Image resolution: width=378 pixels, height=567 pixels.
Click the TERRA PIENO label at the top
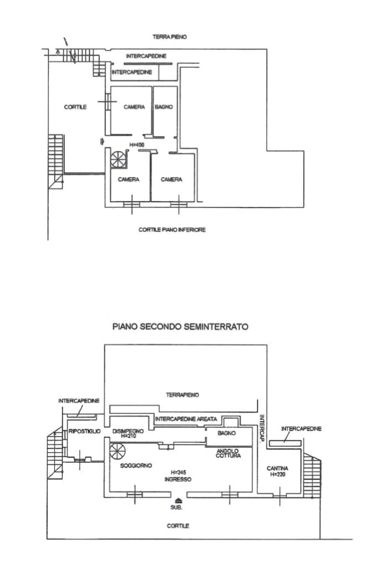coord(170,37)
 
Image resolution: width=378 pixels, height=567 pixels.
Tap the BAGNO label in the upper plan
coord(164,107)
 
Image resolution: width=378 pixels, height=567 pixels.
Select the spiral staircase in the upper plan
coord(118,159)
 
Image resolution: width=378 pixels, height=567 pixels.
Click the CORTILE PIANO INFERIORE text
coord(172,229)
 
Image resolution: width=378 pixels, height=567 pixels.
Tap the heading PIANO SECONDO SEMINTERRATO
coord(180,327)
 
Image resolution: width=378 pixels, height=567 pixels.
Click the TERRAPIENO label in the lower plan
coord(182,395)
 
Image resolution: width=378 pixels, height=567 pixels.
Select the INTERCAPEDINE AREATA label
coord(185,419)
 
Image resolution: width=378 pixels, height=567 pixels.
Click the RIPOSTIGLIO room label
coord(84,431)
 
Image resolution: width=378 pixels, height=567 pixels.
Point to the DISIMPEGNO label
coord(128,431)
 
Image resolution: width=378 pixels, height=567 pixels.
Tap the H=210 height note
coord(128,436)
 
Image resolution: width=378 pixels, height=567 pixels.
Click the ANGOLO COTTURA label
coord(227,453)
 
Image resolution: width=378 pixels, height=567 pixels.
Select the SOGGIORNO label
coord(136,466)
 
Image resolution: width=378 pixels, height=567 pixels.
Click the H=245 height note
coord(178,472)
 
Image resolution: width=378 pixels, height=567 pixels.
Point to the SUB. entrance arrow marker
coord(177,501)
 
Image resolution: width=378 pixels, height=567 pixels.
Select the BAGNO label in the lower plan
coord(226,433)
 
